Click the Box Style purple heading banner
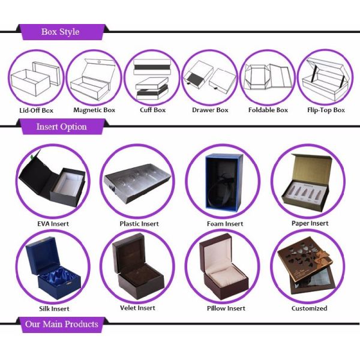(60, 32)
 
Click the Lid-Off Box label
(35, 110)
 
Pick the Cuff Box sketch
(152, 78)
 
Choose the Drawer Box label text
(210, 110)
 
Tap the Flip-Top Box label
(326, 110)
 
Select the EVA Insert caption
(53, 224)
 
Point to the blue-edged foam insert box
(223, 183)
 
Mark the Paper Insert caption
(310, 223)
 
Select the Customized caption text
(310, 308)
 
